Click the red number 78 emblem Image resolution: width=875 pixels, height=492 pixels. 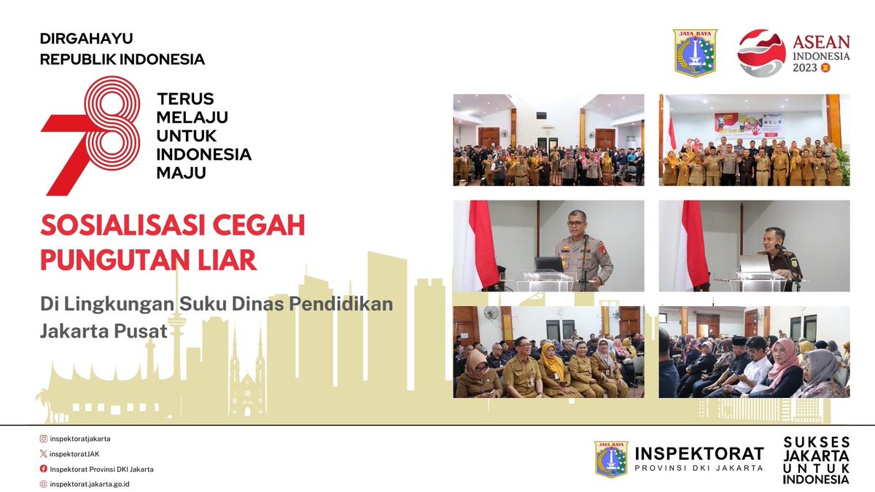click(x=91, y=135)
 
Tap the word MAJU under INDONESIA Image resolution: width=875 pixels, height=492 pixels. click(x=182, y=173)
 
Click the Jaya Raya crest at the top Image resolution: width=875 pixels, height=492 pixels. click(x=695, y=53)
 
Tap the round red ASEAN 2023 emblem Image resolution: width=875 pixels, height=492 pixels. click(x=761, y=53)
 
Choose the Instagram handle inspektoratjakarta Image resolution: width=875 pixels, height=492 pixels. click(x=80, y=439)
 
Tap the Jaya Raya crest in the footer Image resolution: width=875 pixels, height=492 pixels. click(x=611, y=459)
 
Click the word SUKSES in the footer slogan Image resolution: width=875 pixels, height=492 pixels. click(x=817, y=442)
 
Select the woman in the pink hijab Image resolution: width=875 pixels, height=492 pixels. click(x=783, y=364)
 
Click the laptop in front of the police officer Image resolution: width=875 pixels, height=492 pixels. click(x=548, y=264)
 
